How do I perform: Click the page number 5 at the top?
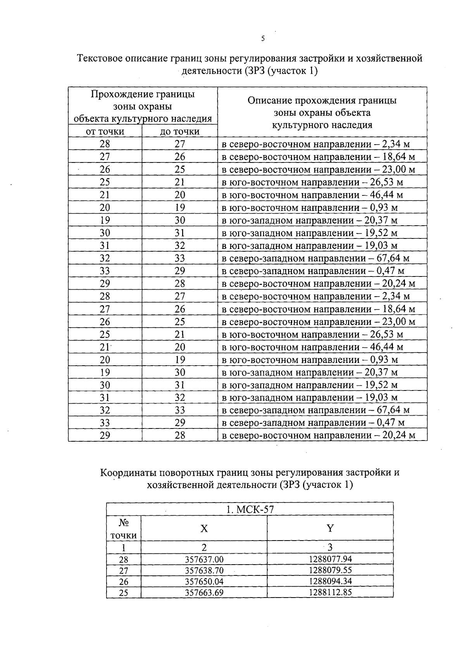coord(263,38)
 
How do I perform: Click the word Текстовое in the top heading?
coord(99,59)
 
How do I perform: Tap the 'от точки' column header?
coord(105,131)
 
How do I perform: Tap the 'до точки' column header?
coord(180,131)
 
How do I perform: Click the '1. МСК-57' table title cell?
coord(250,509)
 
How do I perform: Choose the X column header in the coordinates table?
coord(204,529)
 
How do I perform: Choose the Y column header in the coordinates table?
coord(330,529)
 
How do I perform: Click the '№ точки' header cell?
coord(124,529)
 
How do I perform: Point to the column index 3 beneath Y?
coord(330,548)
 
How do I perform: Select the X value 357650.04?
coord(204,582)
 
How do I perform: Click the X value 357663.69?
coord(204,593)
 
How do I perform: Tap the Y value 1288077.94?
coord(330,559)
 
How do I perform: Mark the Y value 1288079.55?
coord(330,570)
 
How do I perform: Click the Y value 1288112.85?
coord(330,592)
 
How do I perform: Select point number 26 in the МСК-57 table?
coord(124,582)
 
